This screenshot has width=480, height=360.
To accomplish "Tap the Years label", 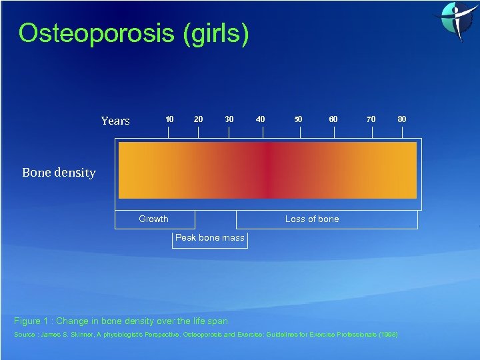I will [115, 121].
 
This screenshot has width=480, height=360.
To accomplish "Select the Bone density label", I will [59, 173].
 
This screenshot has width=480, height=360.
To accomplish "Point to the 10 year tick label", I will [169, 119].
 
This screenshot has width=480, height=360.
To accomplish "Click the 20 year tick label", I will [198, 119].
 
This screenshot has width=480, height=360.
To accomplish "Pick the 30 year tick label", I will [229, 119].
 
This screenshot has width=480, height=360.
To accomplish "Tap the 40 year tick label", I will [260, 119].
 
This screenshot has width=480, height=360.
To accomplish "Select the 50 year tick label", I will [298, 119].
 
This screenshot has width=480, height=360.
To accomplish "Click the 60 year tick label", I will [333, 119].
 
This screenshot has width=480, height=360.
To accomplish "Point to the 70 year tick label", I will [371, 119].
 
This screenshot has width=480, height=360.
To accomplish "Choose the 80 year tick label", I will [401, 119].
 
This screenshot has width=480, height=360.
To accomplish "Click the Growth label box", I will [154, 219].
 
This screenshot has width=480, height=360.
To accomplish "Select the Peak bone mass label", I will [210, 238].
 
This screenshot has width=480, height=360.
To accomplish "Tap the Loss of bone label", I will [312, 219].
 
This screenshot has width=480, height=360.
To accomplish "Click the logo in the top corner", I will [456, 20].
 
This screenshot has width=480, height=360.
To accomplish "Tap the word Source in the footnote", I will [25, 334].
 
